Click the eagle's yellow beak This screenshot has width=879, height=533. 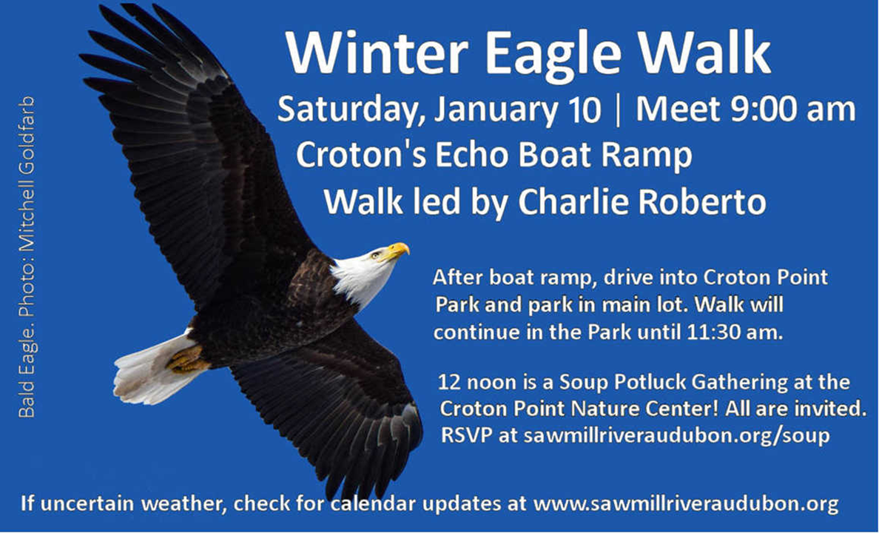coord(397,250)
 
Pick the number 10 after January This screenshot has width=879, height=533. coord(585,111)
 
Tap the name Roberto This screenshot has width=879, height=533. coord(704,201)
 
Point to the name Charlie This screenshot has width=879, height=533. coord(574,201)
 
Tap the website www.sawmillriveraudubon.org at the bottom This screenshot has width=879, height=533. coord(686,506)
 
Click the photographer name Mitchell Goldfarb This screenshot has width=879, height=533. coord(27,171)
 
